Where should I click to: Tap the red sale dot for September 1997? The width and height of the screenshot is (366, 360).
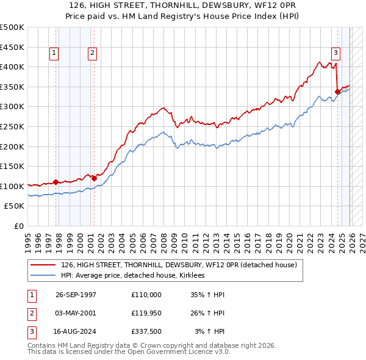56,182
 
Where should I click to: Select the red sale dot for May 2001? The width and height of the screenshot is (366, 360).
93,178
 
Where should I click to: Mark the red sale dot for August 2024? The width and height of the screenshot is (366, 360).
337,92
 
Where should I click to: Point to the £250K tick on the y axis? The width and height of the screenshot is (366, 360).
13,126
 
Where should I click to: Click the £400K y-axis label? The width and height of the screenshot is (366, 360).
13,67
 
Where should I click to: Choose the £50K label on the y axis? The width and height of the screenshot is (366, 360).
15,206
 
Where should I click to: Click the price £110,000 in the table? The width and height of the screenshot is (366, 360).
146,294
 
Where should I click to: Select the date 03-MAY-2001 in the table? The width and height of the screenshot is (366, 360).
76,314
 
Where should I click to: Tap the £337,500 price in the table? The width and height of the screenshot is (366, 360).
146,333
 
